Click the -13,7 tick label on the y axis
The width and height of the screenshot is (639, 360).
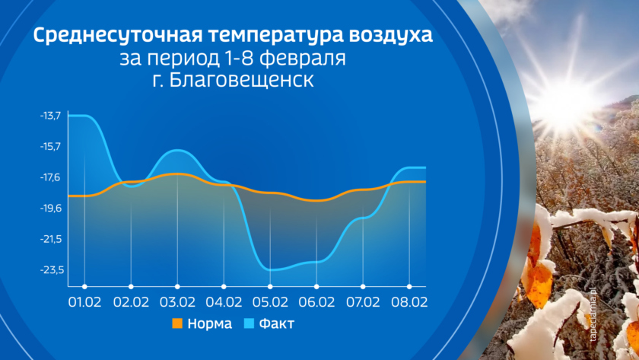[50, 116]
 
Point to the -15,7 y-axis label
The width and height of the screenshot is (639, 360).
[50, 146]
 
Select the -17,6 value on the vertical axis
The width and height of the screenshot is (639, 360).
[50, 177]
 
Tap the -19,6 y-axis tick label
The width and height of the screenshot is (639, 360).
[50, 209]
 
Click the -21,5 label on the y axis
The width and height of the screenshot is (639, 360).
[51, 239]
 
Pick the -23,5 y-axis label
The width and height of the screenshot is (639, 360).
[52, 270]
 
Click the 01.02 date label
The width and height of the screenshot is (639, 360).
[84, 302]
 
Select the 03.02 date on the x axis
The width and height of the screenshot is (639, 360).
[177, 302]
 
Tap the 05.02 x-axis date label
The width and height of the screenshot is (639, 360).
[270, 302]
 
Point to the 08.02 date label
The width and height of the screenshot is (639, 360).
[409, 302]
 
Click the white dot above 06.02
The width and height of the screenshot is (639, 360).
[316, 287]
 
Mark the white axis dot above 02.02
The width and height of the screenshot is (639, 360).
[131, 287]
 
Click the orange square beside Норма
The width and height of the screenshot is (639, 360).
[177, 323]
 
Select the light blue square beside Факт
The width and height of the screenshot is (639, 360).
[249, 323]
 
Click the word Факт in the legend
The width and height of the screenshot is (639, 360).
[277, 323]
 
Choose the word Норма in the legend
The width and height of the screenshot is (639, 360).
[209, 323]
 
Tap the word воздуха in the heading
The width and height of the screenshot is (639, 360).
[390, 35]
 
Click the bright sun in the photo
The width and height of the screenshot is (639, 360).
[567, 102]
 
